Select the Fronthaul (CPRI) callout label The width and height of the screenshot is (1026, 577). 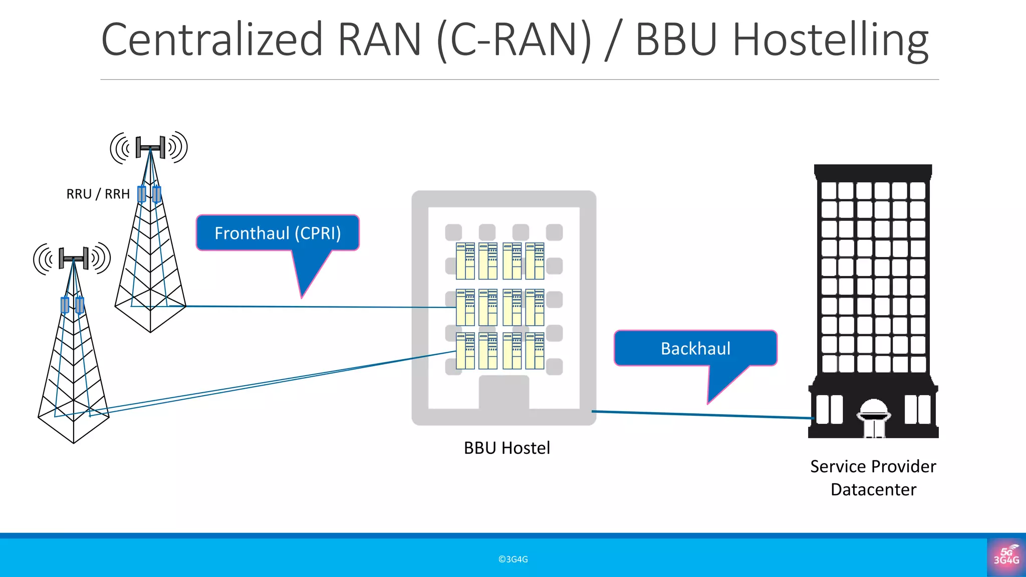click(x=278, y=233)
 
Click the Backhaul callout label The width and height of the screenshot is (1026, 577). click(x=695, y=349)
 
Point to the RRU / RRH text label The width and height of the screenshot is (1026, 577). click(x=98, y=194)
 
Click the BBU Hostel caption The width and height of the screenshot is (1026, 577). click(x=506, y=448)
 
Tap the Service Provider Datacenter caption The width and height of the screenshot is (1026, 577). click(x=873, y=478)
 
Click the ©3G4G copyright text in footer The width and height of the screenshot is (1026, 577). click(x=513, y=559)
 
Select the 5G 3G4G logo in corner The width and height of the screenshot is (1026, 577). click(x=1006, y=556)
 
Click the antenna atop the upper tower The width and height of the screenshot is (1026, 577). click(x=150, y=147)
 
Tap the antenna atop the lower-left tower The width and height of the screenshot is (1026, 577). click(x=73, y=258)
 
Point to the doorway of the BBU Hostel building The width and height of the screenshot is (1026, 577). click(x=503, y=393)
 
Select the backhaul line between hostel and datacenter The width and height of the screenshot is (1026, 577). click(x=701, y=414)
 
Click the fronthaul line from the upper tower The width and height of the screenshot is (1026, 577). click(x=321, y=307)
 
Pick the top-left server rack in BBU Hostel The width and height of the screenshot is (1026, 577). click(x=465, y=261)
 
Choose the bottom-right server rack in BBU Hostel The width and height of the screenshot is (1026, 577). click(x=535, y=351)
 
